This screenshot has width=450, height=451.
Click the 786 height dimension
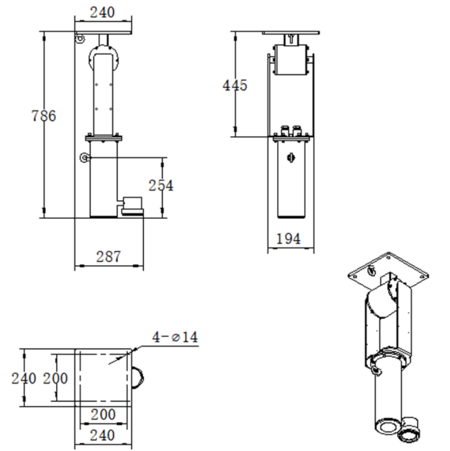click(x=43, y=115)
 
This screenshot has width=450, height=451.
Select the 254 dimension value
click(x=161, y=185)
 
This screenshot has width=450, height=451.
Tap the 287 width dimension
click(x=108, y=256)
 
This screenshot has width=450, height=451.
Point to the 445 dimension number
click(x=235, y=85)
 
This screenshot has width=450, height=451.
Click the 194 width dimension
click(x=288, y=238)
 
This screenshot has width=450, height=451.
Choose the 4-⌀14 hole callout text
click(x=175, y=337)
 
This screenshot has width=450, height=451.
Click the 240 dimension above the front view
click(x=102, y=12)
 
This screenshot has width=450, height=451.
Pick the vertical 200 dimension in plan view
click(x=55, y=378)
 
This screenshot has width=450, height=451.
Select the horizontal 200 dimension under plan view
click(x=103, y=415)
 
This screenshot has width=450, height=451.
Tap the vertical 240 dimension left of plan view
click(x=24, y=378)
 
